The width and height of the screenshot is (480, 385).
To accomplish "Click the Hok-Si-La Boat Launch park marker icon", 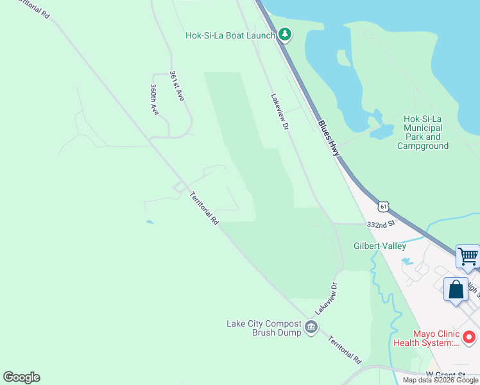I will pos(284,35).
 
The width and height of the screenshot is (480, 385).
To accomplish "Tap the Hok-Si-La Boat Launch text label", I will pos(230,36).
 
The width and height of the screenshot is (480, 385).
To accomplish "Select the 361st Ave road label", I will pos(177,86).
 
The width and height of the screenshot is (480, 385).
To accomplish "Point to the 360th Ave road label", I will pos(155,99).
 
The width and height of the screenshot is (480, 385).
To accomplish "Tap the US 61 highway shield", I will pos(384,207).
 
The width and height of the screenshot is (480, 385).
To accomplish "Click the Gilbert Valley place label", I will pos(381,246).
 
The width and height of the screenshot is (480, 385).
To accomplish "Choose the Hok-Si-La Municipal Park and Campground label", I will pos(423,132).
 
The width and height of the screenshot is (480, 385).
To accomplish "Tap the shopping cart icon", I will pos(468,257).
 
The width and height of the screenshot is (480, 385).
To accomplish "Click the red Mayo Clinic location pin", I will pos(469,337).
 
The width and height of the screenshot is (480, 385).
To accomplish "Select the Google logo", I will pos(21,377).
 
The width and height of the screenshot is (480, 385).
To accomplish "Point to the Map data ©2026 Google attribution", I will pos(440,380).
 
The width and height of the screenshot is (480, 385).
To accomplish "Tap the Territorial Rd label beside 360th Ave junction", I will pos(205,209).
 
